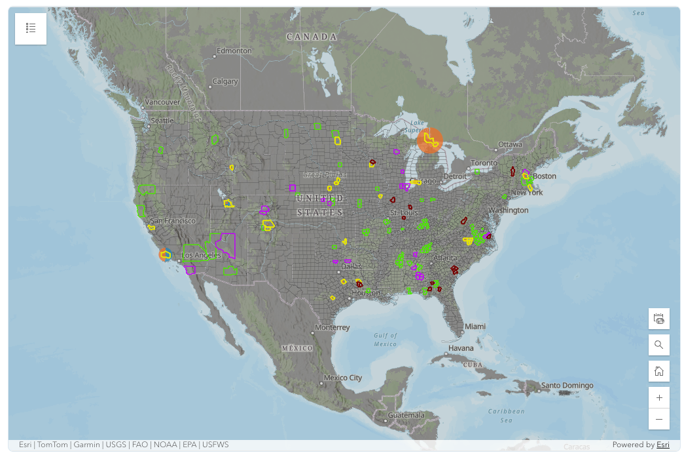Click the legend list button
point(31,28)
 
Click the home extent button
point(658,371)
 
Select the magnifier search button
point(658,345)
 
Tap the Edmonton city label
point(234,50)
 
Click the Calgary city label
point(225,82)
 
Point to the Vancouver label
point(162,102)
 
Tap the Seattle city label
point(162,121)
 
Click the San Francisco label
point(173,221)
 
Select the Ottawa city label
point(510,144)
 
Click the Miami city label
point(475,327)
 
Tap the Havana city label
point(461,348)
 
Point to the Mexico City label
point(343,378)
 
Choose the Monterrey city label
point(333,327)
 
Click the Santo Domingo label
point(567,386)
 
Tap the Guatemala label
point(406,415)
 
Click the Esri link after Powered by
point(663,445)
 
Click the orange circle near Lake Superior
point(430,140)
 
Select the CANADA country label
point(312,37)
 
